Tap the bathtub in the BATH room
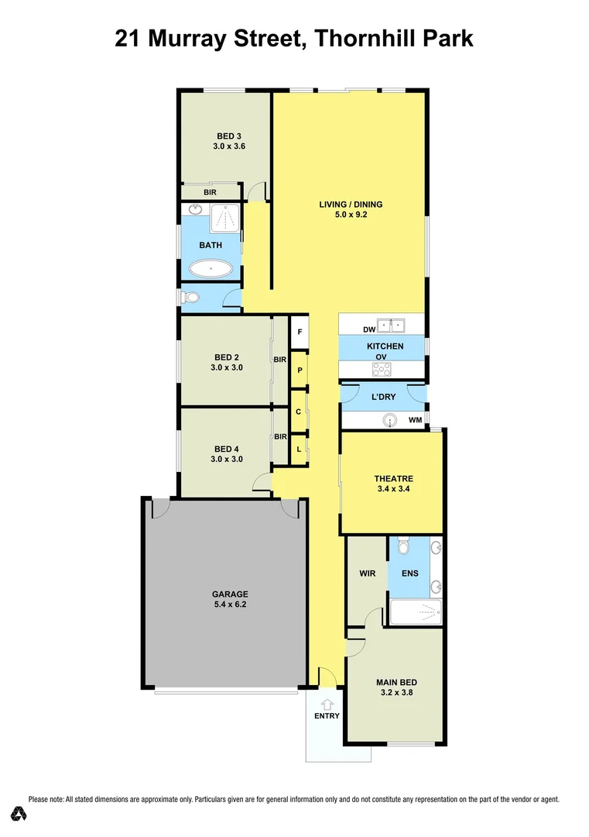coord(210,270)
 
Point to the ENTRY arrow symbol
coord(327,704)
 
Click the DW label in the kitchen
coord(348,330)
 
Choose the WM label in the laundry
coord(415,420)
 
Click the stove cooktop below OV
coord(381,369)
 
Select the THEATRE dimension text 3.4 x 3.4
coord(394,489)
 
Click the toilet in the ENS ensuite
coord(400,547)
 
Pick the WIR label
coord(367,574)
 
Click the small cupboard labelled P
coord(299,371)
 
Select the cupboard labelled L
coord(299,449)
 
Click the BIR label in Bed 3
coord(210,192)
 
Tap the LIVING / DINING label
coord(351,205)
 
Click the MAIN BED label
coord(396,682)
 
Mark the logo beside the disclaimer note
coord(19,814)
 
